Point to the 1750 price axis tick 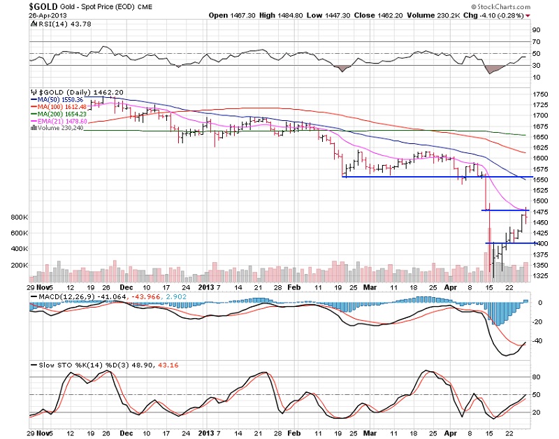[540, 94]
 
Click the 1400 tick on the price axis [540, 243]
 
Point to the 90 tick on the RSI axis [536, 30]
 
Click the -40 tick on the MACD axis [537, 341]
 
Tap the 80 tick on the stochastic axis [536, 377]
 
